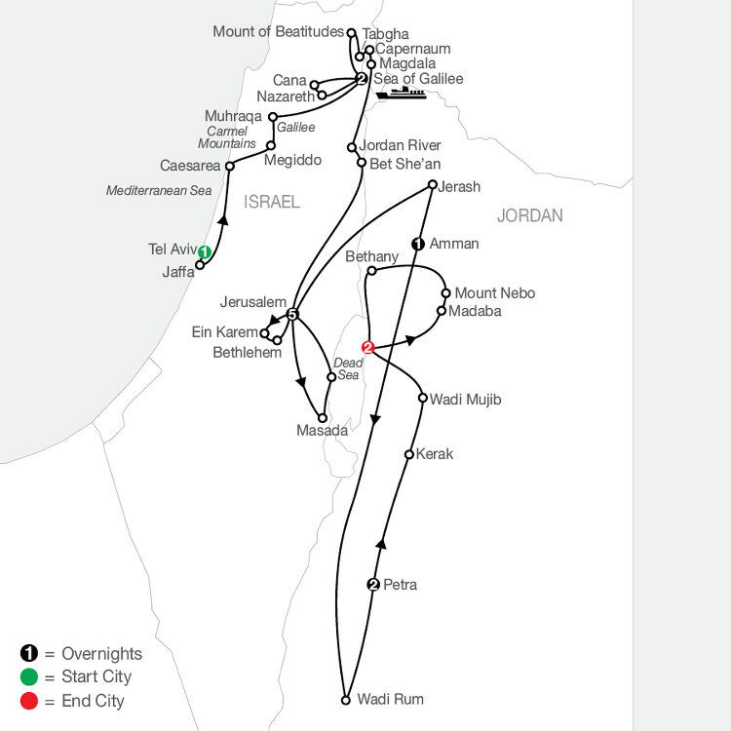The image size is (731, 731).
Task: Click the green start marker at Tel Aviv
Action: coord(205,252)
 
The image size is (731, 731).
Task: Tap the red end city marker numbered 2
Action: coord(367,347)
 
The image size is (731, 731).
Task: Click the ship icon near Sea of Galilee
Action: coord(401,93)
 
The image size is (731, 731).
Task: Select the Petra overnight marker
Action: coord(373,584)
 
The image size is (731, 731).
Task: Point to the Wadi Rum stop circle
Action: coord(345,700)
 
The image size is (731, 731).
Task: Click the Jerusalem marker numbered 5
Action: coord(291,315)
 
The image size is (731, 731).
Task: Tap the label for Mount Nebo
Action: coord(494,293)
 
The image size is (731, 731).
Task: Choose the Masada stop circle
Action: coord(323,418)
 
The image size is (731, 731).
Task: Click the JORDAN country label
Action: coord(529,215)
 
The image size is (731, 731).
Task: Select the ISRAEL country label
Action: coord(272,202)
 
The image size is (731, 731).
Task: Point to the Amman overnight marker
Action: coord(418,244)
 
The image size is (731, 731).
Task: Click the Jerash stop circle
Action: coord(433,184)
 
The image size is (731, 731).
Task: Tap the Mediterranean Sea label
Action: coord(159,190)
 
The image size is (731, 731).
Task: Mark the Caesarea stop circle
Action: coord(229,166)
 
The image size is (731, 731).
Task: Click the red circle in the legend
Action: coord(29,701)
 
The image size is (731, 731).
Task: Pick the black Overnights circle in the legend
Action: coord(29,653)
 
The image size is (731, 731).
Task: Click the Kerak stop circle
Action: coord(408,454)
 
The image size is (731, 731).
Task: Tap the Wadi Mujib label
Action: coord(465,400)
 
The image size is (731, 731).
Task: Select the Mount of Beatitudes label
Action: coord(279,32)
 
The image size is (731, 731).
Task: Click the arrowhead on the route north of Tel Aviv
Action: coord(224,219)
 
